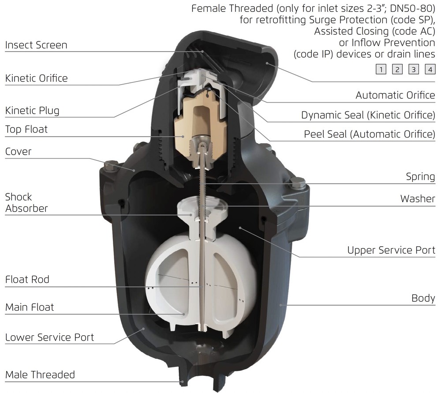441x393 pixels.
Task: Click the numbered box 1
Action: click(x=381, y=69)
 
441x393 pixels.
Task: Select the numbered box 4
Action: click(x=430, y=69)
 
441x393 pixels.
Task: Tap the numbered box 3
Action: click(x=414, y=69)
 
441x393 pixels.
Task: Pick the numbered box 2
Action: click(x=397, y=69)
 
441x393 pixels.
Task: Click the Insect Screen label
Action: click(x=36, y=45)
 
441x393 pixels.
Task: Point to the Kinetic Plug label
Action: click(x=32, y=111)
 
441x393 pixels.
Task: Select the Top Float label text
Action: click(x=26, y=129)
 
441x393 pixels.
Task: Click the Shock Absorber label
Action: click(x=26, y=203)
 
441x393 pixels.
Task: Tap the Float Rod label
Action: click(x=27, y=279)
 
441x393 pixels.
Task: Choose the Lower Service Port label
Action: click(x=49, y=337)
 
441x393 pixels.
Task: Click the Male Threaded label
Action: click(x=40, y=375)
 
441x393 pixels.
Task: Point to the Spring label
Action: click(x=420, y=177)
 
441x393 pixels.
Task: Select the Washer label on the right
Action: click(x=418, y=199)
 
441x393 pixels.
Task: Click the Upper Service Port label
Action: click(x=391, y=250)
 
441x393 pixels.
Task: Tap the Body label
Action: click(x=423, y=298)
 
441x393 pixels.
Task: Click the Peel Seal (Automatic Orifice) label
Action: click(x=370, y=134)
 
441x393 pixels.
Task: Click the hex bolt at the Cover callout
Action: click(x=112, y=165)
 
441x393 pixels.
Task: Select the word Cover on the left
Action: click(x=18, y=152)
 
